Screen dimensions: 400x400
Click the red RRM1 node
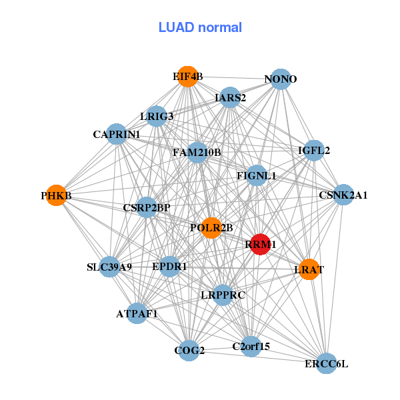(260, 245)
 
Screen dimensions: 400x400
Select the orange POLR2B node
(211, 228)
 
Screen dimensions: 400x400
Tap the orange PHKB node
(56, 196)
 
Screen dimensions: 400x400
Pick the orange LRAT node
(309, 269)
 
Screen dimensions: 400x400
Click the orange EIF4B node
(188, 77)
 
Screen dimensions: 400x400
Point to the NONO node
(281, 79)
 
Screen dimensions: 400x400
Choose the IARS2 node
(230, 98)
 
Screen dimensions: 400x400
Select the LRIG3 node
(157, 117)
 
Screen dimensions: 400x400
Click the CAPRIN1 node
(117, 135)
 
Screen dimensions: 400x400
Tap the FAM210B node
(197, 153)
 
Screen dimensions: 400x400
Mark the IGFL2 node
(314, 151)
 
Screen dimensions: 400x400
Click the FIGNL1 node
(257, 176)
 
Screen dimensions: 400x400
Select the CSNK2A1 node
(343, 195)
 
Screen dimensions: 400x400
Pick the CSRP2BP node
(147, 207)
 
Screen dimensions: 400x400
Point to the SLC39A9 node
(109, 267)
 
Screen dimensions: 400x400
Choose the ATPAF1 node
(137, 313)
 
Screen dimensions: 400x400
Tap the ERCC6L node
(326, 363)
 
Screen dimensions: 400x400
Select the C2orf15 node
(251, 346)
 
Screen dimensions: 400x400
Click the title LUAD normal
(200, 27)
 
